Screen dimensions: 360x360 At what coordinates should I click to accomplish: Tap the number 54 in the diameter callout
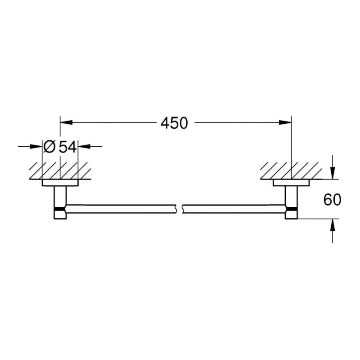click(x=67, y=146)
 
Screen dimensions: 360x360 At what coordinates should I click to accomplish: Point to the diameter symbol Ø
click(x=49, y=146)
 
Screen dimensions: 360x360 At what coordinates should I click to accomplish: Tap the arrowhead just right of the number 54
click(x=84, y=146)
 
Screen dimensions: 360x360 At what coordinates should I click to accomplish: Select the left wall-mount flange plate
click(x=60, y=183)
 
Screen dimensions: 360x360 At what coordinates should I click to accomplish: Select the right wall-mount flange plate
click(x=291, y=183)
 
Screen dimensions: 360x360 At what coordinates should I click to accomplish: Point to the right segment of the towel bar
click(x=234, y=208)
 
